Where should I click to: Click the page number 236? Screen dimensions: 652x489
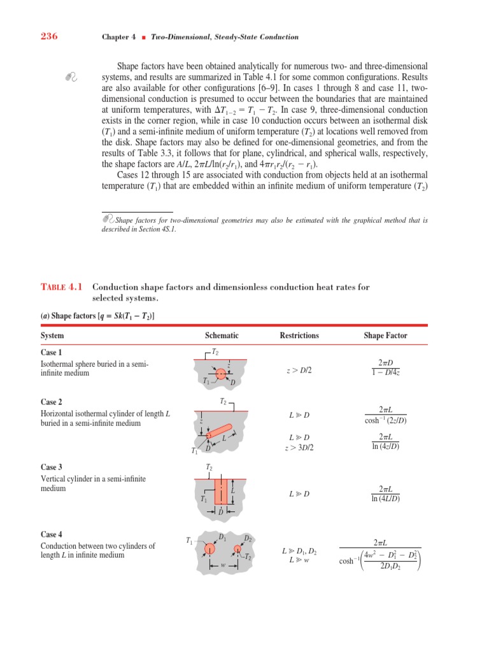point(49,36)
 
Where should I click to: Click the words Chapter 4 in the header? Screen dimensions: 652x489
point(119,37)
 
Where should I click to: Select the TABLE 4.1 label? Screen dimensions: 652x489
point(62,287)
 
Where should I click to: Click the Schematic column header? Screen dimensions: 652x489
point(222,336)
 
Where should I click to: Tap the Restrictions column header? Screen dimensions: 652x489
point(299,336)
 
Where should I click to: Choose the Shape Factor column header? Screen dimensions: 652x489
point(385,336)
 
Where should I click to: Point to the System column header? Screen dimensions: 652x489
point(52,336)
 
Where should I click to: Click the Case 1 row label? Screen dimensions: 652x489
point(52,352)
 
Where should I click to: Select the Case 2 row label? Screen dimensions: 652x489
point(52,402)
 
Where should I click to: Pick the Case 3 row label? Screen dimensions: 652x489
point(52,467)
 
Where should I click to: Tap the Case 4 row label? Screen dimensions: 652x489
point(52,535)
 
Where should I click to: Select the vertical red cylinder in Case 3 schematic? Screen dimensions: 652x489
point(221,491)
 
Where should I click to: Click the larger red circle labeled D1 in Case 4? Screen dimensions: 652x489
point(209,549)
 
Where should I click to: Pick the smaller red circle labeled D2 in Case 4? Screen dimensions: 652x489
point(237,549)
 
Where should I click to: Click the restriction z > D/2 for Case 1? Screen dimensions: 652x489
point(299,369)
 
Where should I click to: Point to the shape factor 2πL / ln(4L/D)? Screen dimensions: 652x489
point(385,493)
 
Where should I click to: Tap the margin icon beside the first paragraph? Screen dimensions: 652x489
point(71,77)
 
